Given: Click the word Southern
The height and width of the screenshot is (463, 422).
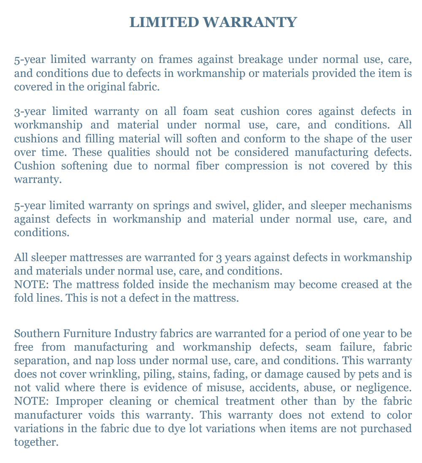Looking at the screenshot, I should (x=37, y=333).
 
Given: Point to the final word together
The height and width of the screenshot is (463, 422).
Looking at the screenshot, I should (x=35, y=442).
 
